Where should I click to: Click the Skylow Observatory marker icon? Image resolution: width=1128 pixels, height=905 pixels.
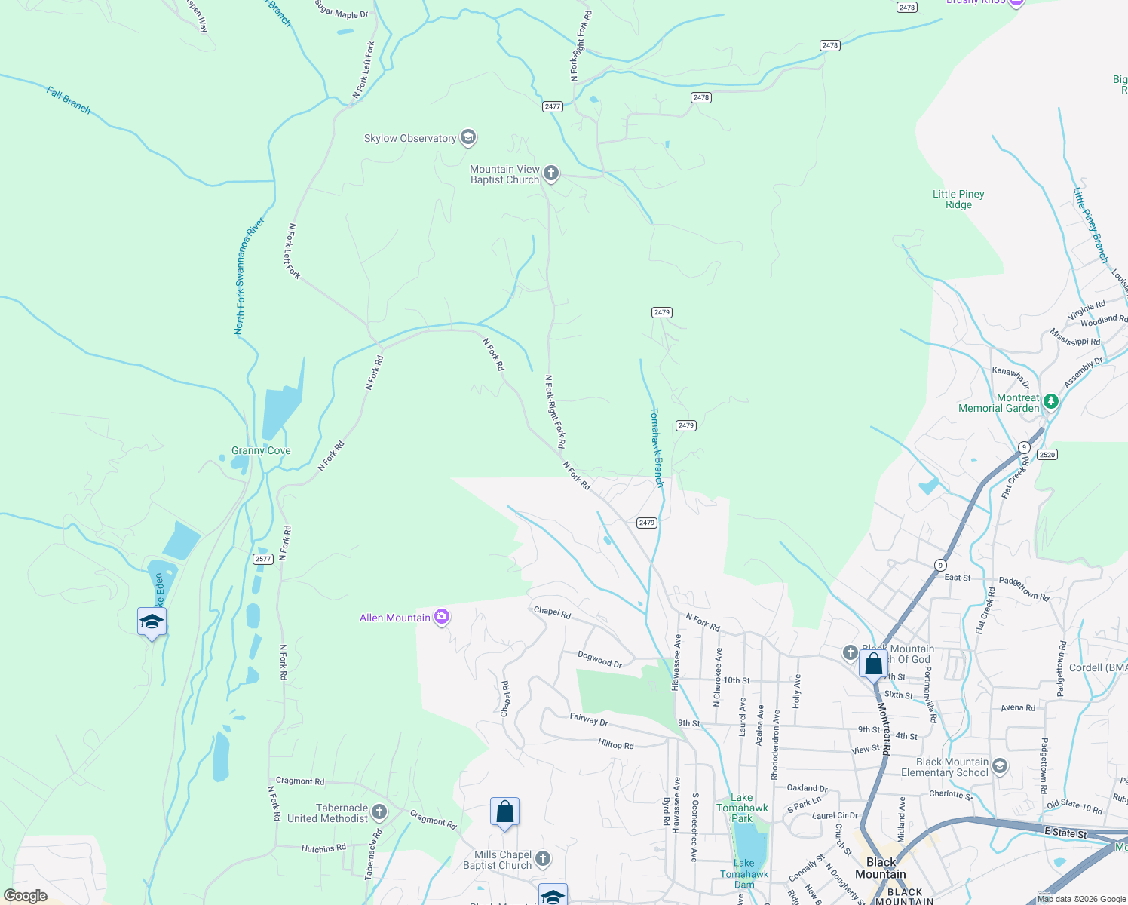pos(468,137)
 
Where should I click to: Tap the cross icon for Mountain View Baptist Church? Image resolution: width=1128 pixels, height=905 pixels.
pos(551,174)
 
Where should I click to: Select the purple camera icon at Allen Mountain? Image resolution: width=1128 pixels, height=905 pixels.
pos(442,618)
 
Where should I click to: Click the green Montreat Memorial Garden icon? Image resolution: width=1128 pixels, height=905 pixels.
pos(1050,403)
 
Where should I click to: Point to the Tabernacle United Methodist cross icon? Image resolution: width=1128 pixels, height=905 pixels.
pos(379,812)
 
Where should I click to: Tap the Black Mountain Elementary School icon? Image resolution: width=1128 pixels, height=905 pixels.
pos(1000,766)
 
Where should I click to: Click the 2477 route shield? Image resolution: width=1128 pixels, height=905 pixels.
pos(553,106)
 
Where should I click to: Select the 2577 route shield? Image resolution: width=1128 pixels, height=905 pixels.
pos(263,559)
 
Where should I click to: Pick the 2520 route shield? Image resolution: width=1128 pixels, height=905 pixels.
pos(1047,454)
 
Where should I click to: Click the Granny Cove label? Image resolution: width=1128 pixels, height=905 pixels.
pos(261,450)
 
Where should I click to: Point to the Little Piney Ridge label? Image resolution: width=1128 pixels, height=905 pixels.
pos(958,199)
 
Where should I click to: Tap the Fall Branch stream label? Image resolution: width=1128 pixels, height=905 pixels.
pos(69,100)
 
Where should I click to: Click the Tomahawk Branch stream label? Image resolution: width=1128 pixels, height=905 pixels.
pos(657,447)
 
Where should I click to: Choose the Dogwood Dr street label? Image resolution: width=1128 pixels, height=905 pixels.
pos(600,660)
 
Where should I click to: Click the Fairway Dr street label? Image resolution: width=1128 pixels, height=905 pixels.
pos(589,719)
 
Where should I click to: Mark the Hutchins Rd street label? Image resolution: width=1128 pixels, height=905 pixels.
pos(323,848)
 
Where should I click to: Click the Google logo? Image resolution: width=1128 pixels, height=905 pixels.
pos(25,896)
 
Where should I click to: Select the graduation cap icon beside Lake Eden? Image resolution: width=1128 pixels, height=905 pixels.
pos(152,622)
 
